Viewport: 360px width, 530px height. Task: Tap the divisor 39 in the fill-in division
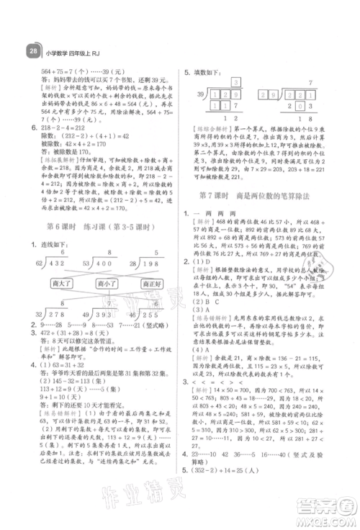[194, 95]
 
